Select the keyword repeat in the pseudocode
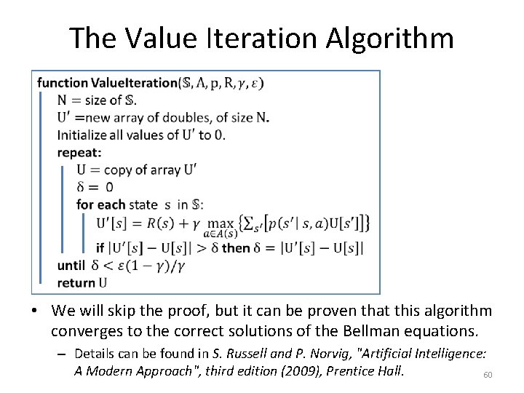coord(79,153)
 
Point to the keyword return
coord(76,282)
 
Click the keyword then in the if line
coord(236,247)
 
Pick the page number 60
coord(488,375)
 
